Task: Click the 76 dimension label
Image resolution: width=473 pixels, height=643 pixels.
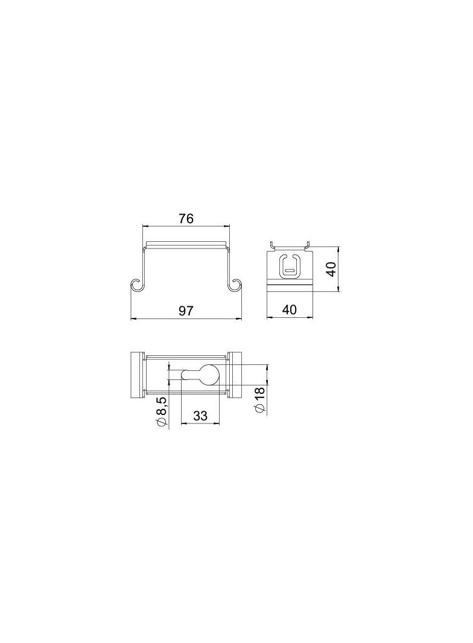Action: tap(186, 218)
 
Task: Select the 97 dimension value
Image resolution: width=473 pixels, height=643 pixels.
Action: tap(186, 311)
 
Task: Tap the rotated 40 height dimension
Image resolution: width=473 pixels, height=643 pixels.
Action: tap(331, 269)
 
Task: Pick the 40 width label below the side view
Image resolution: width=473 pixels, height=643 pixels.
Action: tap(290, 309)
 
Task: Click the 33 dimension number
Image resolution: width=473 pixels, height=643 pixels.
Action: tap(200, 416)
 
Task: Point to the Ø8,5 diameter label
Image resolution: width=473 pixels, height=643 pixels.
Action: tap(162, 412)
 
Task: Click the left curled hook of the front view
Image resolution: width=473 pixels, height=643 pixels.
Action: tap(137, 285)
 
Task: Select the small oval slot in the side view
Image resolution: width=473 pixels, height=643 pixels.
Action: tap(290, 271)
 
